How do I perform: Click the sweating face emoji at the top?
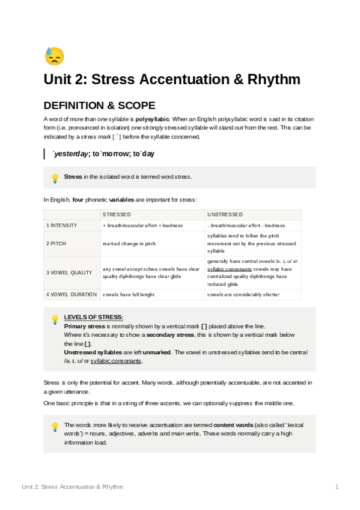click(x=54, y=56)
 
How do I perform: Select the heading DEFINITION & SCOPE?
click(x=99, y=105)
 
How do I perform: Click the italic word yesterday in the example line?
click(x=70, y=155)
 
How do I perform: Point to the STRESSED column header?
click(x=117, y=214)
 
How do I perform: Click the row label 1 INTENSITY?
click(x=62, y=226)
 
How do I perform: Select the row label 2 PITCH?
click(x=57, y=244)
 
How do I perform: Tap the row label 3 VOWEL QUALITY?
click(x=69, y=272)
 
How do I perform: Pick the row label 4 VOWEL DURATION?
click(x=72, y=295)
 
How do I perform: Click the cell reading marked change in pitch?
click(x=129, y=244)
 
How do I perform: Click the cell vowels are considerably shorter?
click(x=243, y=295)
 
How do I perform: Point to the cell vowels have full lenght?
click(x=128, y=295)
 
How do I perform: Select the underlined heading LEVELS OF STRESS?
click(x=94, y=317)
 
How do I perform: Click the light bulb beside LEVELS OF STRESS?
click(x=55, y=319)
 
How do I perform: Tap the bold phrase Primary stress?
click(x=84, y=325)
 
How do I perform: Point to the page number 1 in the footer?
click(x=337, y=487)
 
